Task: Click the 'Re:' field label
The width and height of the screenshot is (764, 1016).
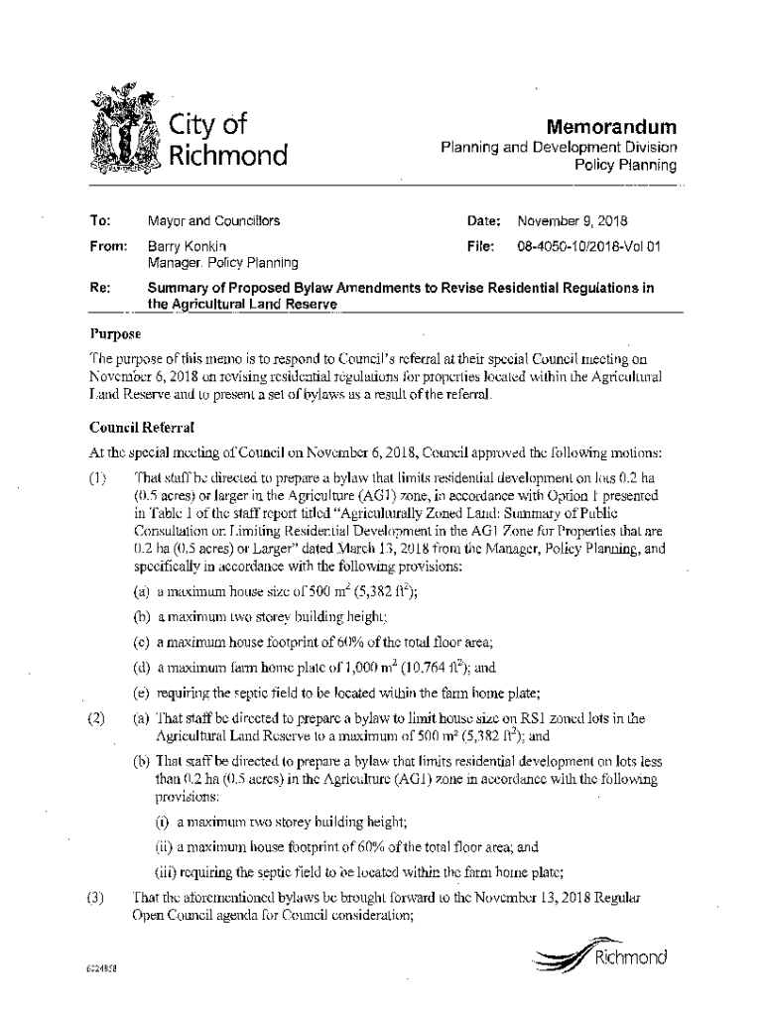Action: pos(100,288)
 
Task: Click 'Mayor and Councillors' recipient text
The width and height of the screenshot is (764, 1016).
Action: pos(213,221)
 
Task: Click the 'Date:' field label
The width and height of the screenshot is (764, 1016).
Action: pos(486,221)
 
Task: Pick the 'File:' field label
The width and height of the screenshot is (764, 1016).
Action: pos(483,245)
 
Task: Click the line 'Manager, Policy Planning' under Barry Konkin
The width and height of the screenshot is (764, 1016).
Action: pos(222,263)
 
